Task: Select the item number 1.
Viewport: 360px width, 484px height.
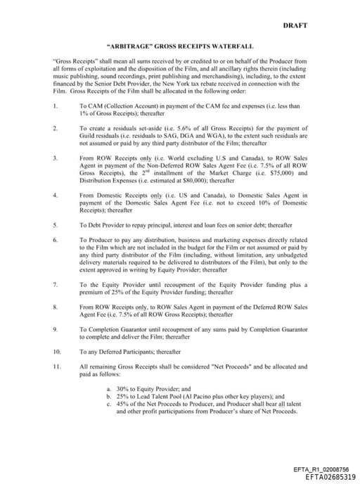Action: click(56, 106)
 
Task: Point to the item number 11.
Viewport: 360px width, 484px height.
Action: click(57, 367)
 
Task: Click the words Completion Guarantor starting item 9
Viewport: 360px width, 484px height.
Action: click(114, 329)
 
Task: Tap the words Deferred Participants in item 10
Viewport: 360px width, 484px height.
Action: click(135, 351)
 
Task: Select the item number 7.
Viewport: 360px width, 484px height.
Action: click(56, 284)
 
